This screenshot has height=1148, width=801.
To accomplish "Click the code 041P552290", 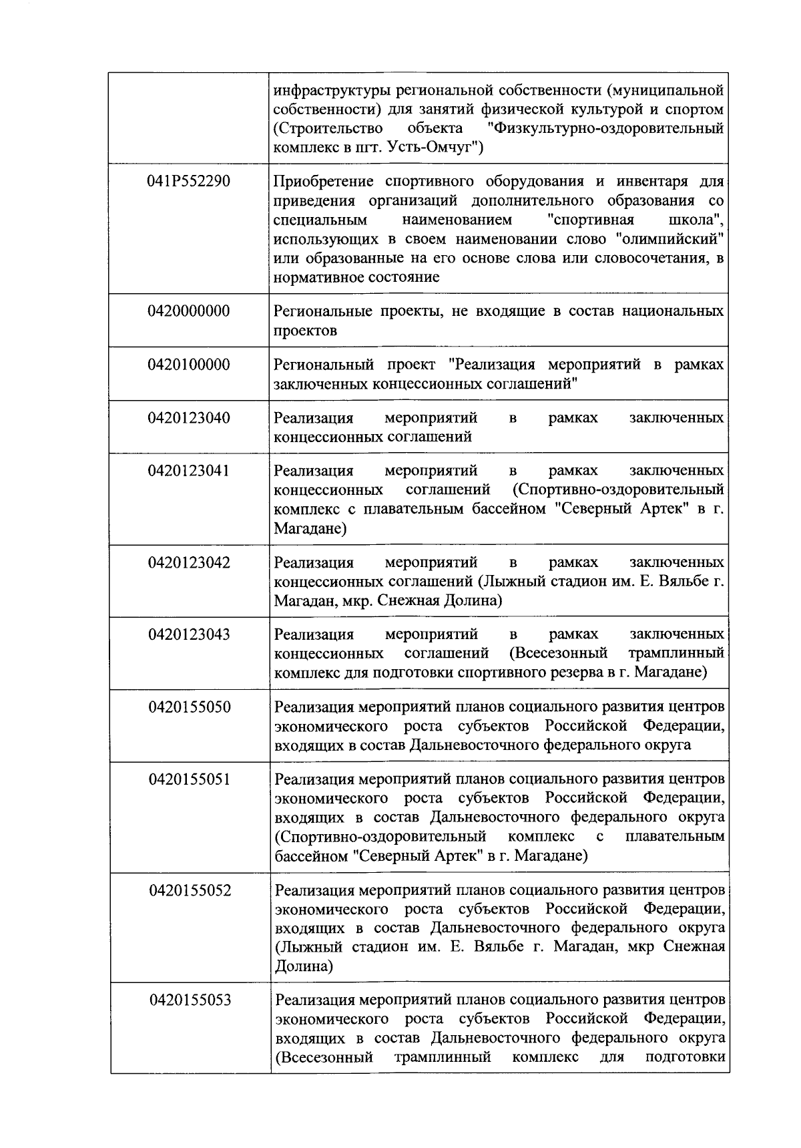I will point(189,181).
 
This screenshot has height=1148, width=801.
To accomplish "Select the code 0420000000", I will point(189,311).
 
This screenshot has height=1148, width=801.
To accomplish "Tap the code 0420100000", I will point(189,365).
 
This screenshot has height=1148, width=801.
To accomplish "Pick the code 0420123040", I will point(189,418).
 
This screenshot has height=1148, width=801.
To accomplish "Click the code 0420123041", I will point(189,471).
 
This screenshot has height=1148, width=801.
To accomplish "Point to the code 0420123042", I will point(189,562).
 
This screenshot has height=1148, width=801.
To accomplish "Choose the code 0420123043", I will point(189,634).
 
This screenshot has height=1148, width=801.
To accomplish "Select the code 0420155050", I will point(190,707).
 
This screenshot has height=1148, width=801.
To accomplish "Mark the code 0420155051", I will point(190,779).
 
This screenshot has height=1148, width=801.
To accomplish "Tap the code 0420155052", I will point(190,890).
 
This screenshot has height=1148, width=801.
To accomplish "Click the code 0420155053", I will point(190,1000).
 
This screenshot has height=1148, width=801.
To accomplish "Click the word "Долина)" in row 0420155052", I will point(304,966).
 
